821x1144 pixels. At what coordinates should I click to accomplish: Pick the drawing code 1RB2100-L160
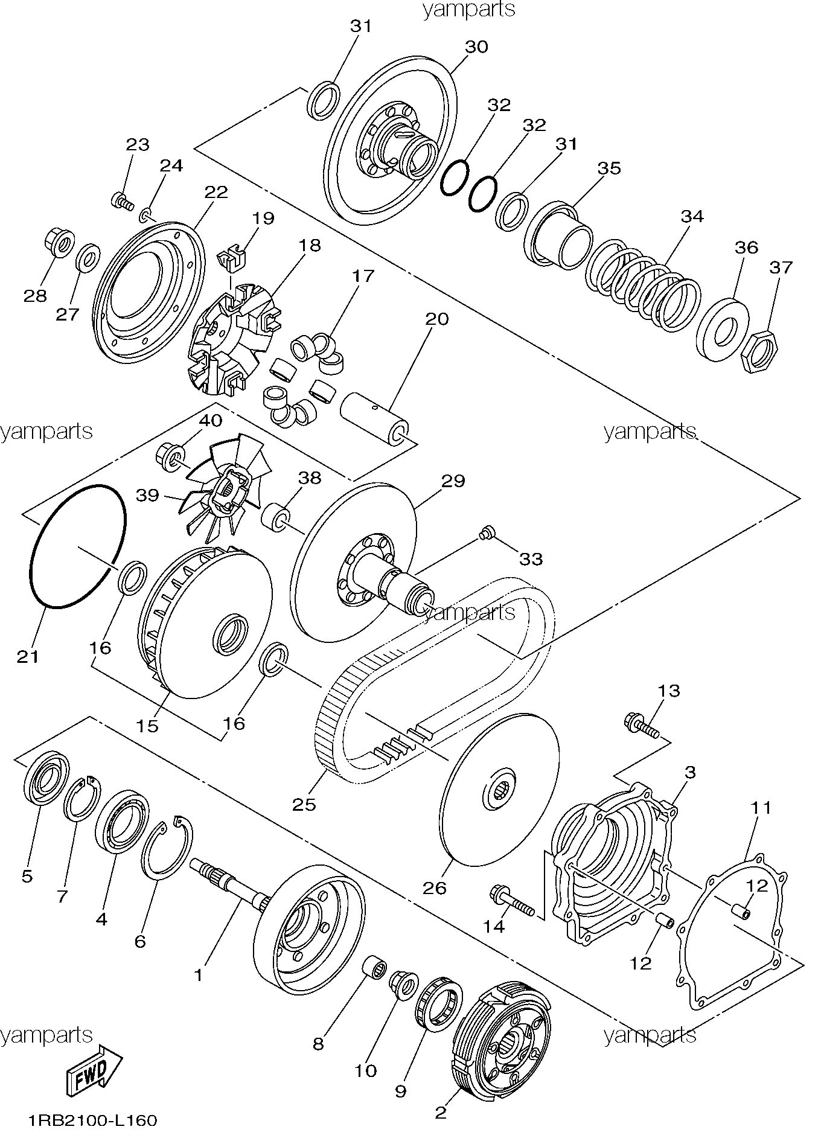(92, 1121)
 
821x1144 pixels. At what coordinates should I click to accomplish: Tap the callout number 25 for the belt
(304, 804)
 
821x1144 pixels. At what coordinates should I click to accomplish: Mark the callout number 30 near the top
(476, 47)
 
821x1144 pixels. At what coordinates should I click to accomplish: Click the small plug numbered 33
(487, 532)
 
